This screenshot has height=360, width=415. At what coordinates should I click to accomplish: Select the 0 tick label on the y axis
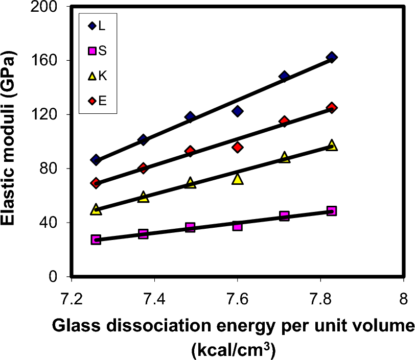click(60, 277)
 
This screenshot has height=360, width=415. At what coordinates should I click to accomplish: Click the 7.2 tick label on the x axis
click(72, 299)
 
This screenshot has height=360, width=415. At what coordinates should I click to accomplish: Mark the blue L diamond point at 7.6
click(237, 111)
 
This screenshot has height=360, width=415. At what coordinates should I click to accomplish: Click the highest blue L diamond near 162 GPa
click(332, 57)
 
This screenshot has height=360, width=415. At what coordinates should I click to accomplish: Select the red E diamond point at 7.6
click(237, 147)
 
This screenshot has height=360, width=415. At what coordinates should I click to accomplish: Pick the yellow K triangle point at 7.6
click(237, 179)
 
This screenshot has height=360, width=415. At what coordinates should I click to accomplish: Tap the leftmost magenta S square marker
click(96, 239)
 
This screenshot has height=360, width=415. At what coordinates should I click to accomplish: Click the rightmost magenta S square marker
click(332, 211)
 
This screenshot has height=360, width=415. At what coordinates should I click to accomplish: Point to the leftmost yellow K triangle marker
click(96, 209)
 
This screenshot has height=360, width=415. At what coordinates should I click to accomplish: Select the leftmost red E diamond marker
click(96, 183)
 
